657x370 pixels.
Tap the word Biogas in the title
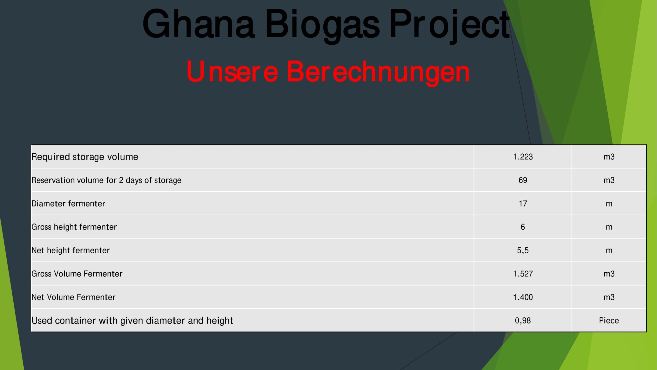point(322,26)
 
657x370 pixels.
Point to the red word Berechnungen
point(378,73)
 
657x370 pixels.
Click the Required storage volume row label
point(85,157)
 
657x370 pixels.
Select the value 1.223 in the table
point(523,157)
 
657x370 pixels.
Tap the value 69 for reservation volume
point(523,180)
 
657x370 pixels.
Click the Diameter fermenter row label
point(68,203)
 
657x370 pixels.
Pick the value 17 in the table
point(523,203)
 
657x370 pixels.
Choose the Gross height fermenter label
point(74,227)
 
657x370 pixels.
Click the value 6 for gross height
point(523,227)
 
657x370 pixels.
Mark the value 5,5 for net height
point(523,251)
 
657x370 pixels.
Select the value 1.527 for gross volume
point(523,274)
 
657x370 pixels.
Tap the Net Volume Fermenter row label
point(73,297)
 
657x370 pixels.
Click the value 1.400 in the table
point(523,297)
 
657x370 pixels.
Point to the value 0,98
point(523,321)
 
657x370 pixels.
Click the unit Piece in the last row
point(609,320)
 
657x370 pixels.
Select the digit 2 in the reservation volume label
point(121,180)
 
